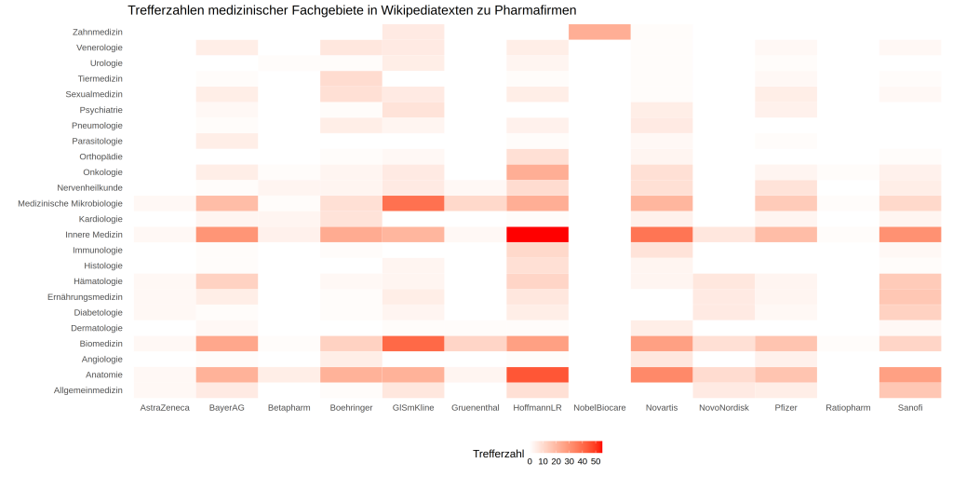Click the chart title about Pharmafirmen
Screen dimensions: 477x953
tap(352, 10)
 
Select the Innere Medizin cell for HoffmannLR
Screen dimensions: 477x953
tap(537, 234)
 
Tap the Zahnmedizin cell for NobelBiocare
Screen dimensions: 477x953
tap(599, 32)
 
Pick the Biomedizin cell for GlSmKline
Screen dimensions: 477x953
tap(413, 344)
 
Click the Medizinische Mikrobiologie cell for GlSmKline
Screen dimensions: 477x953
tap(413, 203)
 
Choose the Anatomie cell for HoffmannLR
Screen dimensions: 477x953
tap(537, 375)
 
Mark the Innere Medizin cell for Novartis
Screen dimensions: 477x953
tap(662, 234)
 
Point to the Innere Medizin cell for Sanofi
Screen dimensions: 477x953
tap(910, 234)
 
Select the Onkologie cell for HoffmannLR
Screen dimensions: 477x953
tap(537, 172)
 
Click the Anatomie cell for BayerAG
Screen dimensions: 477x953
tap(226, 375)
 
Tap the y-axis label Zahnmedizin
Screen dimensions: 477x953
tap(98, 32)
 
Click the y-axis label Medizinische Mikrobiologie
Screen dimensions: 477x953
tap(70, 203)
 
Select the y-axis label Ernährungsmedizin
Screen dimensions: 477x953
tap(85, 296)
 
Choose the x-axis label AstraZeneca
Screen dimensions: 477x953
tap(165, 408)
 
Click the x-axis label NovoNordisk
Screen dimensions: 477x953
tap(723, 408)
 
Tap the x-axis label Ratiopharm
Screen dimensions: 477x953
tap(848, 408)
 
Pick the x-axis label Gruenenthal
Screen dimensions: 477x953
tap(475, 408)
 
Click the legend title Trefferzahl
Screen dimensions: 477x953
tap(499, 453)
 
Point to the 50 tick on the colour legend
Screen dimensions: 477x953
tap(596, 461)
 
